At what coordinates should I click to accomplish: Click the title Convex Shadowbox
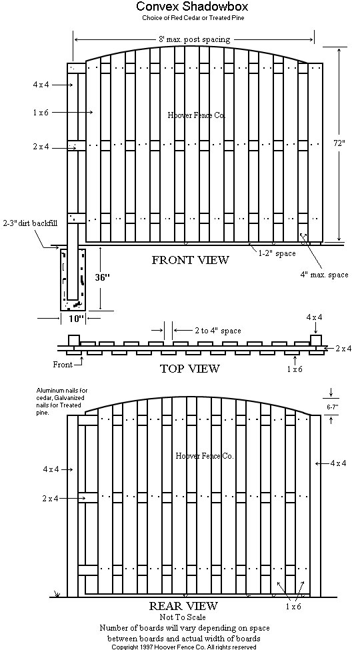(192, 6)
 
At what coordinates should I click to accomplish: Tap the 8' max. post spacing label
(195, 40)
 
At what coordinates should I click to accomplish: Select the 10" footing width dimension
(77, 318)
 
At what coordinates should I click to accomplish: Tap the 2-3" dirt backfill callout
(29, 223)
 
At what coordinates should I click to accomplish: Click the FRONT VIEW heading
(190, 260)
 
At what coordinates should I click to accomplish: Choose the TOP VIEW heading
(189, 369)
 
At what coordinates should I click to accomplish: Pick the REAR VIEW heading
(183, 605)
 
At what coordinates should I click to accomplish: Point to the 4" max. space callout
(325, 275)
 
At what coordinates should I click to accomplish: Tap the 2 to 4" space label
(218, 331)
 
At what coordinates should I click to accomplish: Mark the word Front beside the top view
(63, 365)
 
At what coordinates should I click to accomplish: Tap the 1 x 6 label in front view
(41, 113)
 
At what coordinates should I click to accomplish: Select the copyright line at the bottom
(184, 647)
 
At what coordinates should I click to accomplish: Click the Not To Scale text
(183, 617)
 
